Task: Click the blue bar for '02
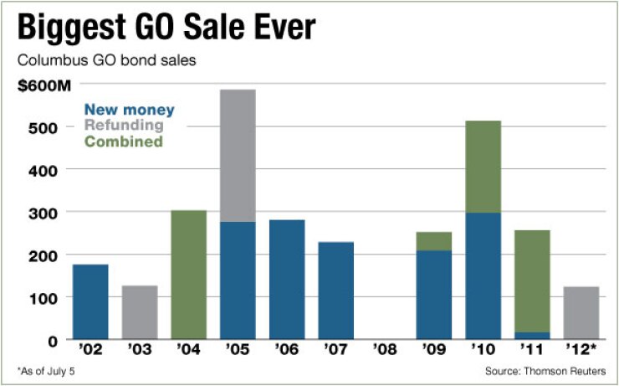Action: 90,301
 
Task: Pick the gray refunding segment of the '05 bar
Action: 238,155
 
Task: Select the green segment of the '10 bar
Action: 483,167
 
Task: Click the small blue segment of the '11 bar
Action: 532,335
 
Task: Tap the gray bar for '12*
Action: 581,313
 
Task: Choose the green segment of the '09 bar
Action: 433,241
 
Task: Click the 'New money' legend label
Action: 129,110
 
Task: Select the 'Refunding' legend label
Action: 123,126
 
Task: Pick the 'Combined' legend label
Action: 123,142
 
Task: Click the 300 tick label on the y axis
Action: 47,214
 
